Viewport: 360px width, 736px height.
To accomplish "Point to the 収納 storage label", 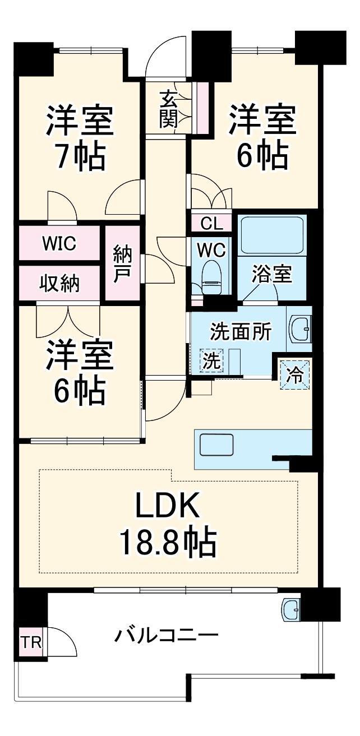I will point(59,284).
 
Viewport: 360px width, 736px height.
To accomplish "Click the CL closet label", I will point(211,224).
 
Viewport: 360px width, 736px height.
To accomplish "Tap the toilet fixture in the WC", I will point(211,279).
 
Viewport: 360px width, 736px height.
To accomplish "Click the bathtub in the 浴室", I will point(272,235).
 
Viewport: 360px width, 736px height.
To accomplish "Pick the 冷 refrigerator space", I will point(296,373).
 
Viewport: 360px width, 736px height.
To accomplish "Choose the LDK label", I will point(167,507).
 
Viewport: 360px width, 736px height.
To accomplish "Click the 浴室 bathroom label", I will point(271,275).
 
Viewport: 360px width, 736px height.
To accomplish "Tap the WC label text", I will point(211,250).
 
